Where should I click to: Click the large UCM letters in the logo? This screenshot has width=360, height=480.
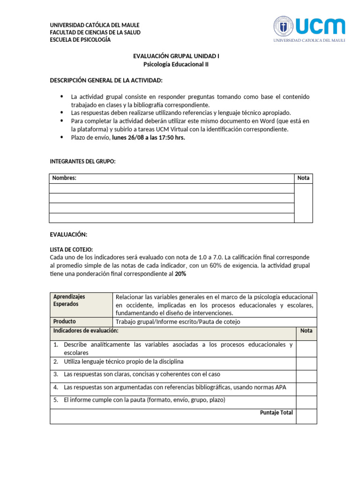click(321, 26)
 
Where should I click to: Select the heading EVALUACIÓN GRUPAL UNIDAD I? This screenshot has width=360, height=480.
click(176, 56)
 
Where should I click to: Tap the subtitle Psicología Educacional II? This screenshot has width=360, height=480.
click(176, 65)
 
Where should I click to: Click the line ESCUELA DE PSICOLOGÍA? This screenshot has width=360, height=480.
click(80, 40)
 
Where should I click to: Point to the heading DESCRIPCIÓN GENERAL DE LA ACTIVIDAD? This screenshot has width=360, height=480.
click(106, 81)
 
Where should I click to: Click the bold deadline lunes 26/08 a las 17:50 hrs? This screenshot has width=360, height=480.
click(149, 137)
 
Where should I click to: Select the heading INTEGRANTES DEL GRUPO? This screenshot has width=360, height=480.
click(82, 162)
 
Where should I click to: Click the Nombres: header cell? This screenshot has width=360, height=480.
click(65, 178)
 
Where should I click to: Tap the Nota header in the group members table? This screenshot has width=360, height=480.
click(303, 178)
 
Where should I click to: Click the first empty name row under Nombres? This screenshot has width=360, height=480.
click(172, 188)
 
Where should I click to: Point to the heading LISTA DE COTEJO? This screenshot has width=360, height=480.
click(71, 249)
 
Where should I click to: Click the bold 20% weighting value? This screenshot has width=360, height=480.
click(180, 274)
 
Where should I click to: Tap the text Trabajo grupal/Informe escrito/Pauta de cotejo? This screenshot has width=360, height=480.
click(178, 322)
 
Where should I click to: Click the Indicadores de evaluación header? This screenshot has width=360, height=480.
click(86, 331)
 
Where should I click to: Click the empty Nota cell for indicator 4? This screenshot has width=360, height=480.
click(306, 389)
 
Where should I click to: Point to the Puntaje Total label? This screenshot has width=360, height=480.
click(277, 412)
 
